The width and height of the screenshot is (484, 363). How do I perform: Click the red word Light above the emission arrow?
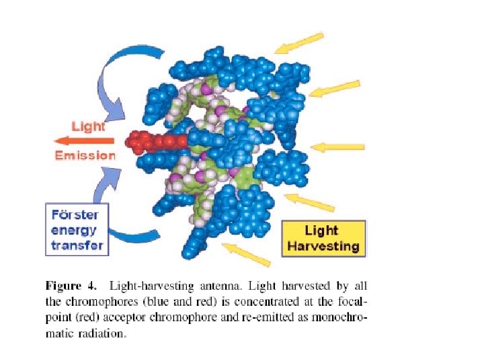point(89,126)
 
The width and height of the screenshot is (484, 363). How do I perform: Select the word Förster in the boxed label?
point(75,215)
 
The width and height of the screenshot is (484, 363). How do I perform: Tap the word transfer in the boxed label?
point(77,245)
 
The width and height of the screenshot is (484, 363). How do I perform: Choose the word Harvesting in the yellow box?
point(323,246)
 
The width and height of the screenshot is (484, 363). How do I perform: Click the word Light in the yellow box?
point(321,231)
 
